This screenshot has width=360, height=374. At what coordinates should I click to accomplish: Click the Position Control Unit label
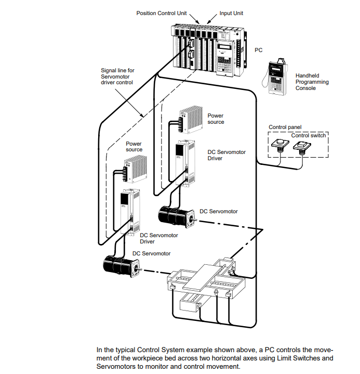point(162,12)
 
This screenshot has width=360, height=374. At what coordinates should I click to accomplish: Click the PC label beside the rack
point(258,50)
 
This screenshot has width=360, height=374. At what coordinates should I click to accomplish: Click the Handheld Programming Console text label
point(312,82)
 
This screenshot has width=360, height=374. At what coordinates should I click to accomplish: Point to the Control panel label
point(285,127)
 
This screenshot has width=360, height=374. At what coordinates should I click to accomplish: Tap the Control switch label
point(309,135)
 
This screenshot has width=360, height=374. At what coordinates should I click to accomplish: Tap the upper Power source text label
point(216,119)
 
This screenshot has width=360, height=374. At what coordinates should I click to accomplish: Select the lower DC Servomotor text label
point(151,253)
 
